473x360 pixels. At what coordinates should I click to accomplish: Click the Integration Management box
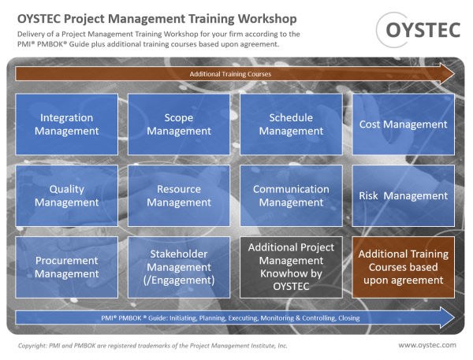coord(67,124)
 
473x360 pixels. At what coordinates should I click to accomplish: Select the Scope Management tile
coord(179,124)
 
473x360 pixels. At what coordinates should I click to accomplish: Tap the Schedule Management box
coord(291,124)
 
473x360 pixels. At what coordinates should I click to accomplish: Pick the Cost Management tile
coord(404,124)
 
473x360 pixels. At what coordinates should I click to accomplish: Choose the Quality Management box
coord(67,195)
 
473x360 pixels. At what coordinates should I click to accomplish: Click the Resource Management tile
coord(179,195)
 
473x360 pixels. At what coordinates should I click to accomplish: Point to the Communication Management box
coord(291,195)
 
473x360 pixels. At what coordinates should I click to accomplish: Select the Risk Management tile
coord(404,195)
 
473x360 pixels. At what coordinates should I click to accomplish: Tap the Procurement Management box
coord(67,267)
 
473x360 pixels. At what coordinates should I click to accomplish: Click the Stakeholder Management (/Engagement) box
coord(179,267)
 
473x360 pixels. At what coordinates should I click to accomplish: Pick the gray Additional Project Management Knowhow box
coord(291,267)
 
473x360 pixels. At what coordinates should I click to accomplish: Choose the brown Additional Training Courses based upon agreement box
coord(404,267)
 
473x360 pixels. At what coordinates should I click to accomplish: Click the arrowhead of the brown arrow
coord(454,74)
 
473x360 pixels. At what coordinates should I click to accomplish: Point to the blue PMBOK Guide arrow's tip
coord(454,317)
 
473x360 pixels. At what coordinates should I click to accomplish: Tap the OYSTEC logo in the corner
coord(419,30)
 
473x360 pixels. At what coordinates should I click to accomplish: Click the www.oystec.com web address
coord(427,345)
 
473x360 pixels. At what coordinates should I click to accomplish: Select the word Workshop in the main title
coord(267,19)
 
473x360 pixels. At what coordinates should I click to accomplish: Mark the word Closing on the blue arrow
coord(349,318)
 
